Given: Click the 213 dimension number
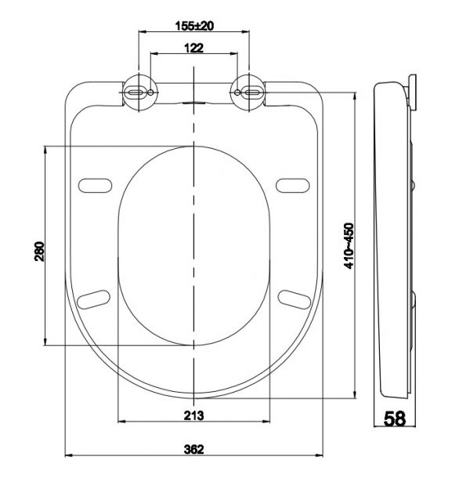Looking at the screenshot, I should click(x=195, y=415).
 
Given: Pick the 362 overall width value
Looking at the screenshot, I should click(x=194, y=449).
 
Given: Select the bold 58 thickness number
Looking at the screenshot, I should click(x=395, y=419).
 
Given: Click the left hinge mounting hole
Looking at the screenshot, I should click(x=139, y=92).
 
